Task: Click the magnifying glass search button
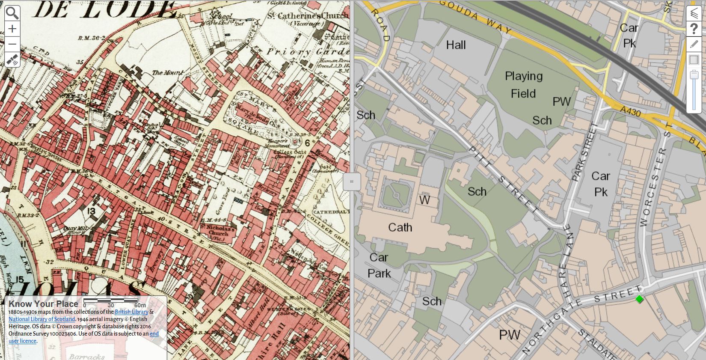[x=12, y=13]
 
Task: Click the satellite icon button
[x=12, y=60]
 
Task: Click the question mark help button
[x=694, y=29]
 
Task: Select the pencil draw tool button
[x=694, y=45]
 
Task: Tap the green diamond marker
[x=639, y=299]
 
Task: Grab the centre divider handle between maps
[x=352, y=181]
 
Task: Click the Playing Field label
[x=523, y=85]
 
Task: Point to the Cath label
[x=400, y=227]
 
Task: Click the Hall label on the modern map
[x=456, y=45]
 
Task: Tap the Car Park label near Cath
[x=379, y=265]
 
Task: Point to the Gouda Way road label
[x=475, y=17]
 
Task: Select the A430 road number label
[x=630, y=112]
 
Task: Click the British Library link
[x=131, y=312]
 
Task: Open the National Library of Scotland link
[x=42, y=319]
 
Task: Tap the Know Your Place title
[x=43, y=304]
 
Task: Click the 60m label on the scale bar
[x=140, y=305]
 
